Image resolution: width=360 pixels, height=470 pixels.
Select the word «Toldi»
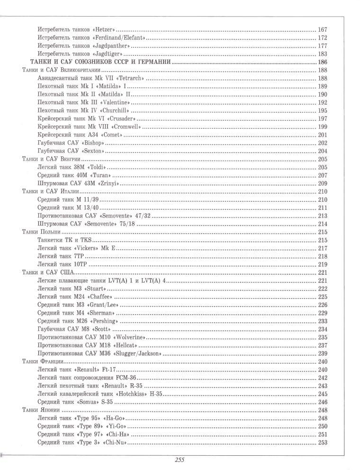96,167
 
